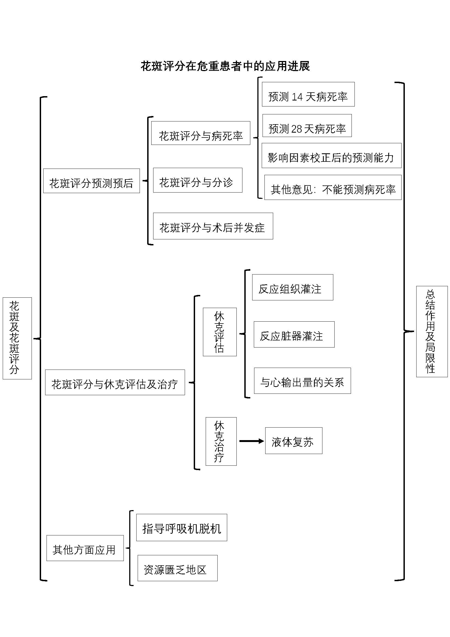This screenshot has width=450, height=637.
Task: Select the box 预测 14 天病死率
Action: tap(308, 94)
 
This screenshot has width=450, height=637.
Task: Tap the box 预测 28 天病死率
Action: tap(307, 126)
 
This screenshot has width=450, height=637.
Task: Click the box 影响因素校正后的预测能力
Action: tap(331, 156)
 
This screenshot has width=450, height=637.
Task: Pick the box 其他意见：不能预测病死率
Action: tap(333, 188)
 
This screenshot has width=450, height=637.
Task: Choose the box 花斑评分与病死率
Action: tap(201, 133)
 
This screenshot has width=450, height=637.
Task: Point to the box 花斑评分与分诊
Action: tap(198, 180)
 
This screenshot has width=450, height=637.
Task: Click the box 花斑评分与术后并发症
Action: tap(213, 226)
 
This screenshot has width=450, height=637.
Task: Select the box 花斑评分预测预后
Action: tap(91, 181)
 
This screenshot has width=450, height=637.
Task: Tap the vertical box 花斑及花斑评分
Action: tap(17, 338)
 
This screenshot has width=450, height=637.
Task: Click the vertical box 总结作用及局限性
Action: tap(431, 331)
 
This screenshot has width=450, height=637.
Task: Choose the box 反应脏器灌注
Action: tap(294, 335)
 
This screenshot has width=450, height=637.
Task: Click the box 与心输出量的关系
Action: tap(302, 381)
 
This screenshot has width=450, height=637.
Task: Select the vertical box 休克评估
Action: tap(220, 332)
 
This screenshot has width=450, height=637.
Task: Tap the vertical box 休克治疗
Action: tap(221, 441)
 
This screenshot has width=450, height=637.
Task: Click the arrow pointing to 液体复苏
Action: tap(251, 441)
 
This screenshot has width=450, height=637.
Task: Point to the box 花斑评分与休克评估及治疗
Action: tap(115, 382)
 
